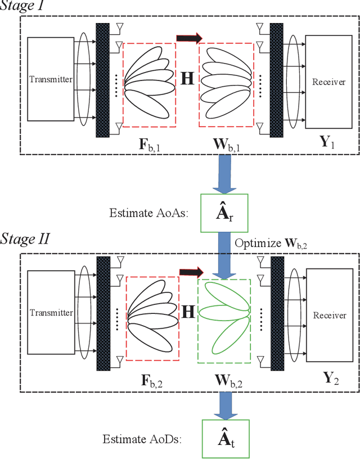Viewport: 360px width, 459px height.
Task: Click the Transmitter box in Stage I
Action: click(51, 79)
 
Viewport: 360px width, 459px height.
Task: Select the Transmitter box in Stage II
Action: click(51, 313)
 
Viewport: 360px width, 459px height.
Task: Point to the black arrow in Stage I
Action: click(189, 38)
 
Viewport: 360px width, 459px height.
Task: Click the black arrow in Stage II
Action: click(191, 272)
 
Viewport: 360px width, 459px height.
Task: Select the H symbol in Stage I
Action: click(187, 78)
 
